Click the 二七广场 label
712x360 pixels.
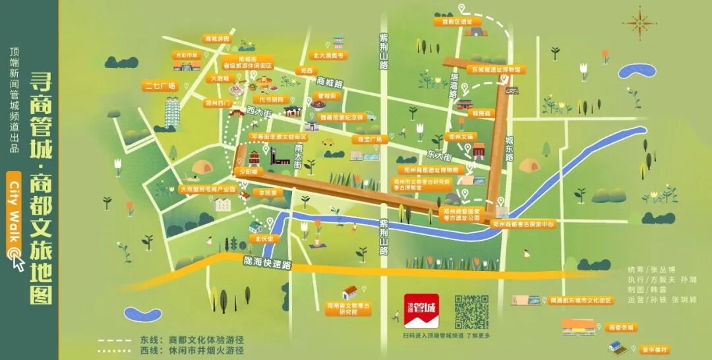160,86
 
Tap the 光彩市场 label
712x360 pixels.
186,55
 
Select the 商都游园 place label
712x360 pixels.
218,39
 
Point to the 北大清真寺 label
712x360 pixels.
329,56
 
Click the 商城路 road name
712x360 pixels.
330,83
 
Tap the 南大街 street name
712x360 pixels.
299,156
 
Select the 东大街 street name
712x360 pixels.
438,157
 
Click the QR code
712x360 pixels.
472,312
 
